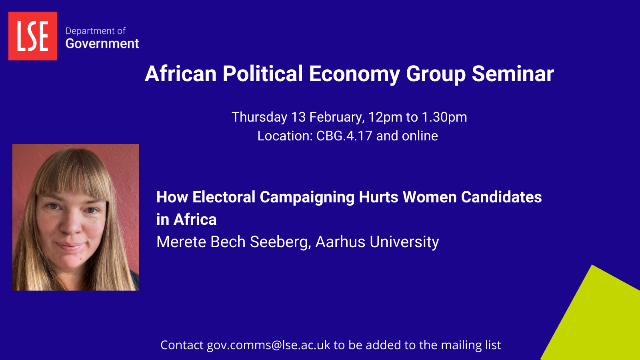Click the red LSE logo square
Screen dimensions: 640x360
tap(32, 36)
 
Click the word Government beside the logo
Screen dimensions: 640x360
tap(102, 44)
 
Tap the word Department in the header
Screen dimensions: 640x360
tap(86, 31)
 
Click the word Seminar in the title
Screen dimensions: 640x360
tap(513, 74)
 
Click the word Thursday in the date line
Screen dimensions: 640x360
tap(259, 117)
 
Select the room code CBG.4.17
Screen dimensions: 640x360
tap(344, 136)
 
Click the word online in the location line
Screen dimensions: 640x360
tap(420, 136)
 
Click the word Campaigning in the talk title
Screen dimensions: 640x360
tap(307, 198)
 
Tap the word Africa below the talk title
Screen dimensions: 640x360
tap(195, 220)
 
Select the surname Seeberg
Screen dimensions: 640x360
tap(280, 242)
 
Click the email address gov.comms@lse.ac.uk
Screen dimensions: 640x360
tap(268, 345)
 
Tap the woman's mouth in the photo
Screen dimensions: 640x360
tap(70, 246)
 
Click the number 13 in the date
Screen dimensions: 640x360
tap(298, 117)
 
